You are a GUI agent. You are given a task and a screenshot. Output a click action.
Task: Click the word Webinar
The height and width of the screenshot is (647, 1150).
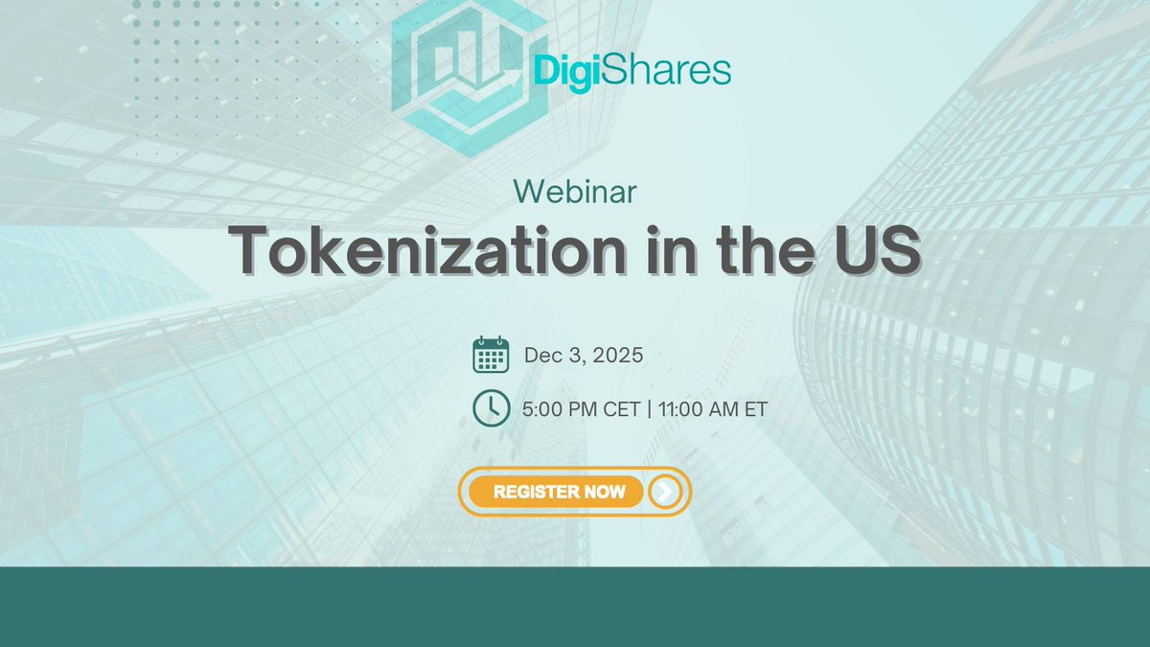tap(575, 192)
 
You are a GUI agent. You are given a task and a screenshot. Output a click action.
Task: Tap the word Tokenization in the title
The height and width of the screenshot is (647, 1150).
tap(406, 250)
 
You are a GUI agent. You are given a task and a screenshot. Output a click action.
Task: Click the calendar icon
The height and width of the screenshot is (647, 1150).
tap(491, 356)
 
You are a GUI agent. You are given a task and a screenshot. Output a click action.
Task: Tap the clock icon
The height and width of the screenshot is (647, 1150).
tap(491, 408)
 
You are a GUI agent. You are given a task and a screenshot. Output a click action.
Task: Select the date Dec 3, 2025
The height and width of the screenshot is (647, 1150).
tap(583, 356)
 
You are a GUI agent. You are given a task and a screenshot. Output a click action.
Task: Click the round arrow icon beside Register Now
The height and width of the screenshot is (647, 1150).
tap(665, 492)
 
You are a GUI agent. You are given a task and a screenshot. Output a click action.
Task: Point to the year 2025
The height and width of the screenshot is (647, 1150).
tap(617, 356)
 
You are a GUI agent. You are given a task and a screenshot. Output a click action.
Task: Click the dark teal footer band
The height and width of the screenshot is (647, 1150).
tap(575, 606)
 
